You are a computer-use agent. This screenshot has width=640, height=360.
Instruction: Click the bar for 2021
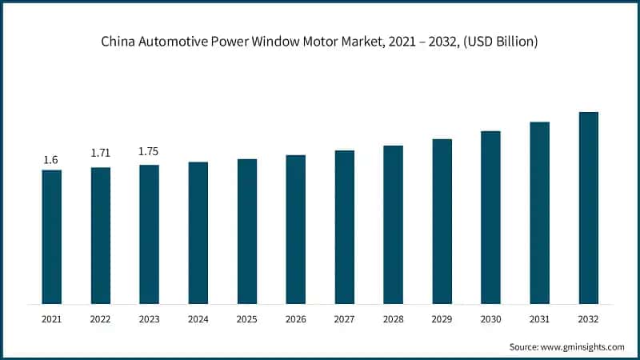51,237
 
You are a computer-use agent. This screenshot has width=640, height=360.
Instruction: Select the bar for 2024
198,233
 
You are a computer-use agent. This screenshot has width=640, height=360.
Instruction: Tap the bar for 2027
344,227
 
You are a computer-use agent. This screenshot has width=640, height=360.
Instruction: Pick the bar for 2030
490,218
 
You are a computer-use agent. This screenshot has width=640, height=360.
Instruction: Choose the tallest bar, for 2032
588,208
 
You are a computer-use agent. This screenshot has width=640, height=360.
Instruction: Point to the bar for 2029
442,222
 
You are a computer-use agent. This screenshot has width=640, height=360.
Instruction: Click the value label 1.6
51,160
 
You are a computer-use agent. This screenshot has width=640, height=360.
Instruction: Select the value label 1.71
100,152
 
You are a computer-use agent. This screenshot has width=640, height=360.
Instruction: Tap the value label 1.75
149,151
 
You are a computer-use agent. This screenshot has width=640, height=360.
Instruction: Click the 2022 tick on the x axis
100,318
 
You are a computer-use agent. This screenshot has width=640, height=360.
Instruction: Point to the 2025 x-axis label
246,318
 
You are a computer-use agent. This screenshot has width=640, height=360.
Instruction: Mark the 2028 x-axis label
393,318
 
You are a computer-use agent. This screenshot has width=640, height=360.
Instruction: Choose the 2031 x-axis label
539,318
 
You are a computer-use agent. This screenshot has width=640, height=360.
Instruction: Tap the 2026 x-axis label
295,318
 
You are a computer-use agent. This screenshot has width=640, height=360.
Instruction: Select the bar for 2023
149,234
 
